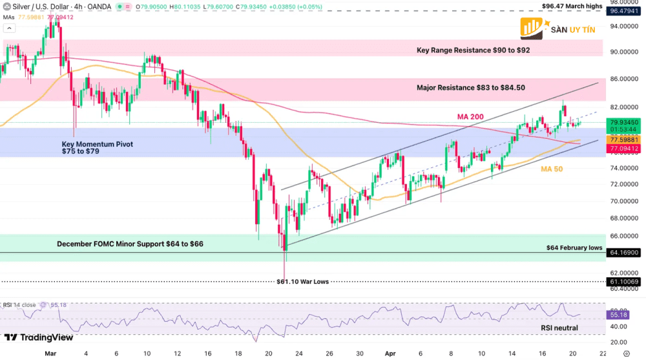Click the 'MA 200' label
[x=471, y=116]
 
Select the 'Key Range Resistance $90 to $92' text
[x=474, y=50]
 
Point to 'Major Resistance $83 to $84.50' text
[x=471, y=87]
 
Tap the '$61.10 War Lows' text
[x=303, y=282]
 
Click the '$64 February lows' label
[x=574, y=248]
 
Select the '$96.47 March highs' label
[x=572, y=6]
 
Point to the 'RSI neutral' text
[x=559, y=328]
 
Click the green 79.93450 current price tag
[x=624, y=122]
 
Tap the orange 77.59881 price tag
[x=624, y=140]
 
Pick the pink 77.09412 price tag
[x=624, y=149]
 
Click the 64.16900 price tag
[x=624, y=253]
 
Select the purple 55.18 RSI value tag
[x=619, y=314]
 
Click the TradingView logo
[x=39, y=337]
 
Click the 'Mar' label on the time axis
[x=51, y=354]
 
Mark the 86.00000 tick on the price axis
[x=624, y=79]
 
